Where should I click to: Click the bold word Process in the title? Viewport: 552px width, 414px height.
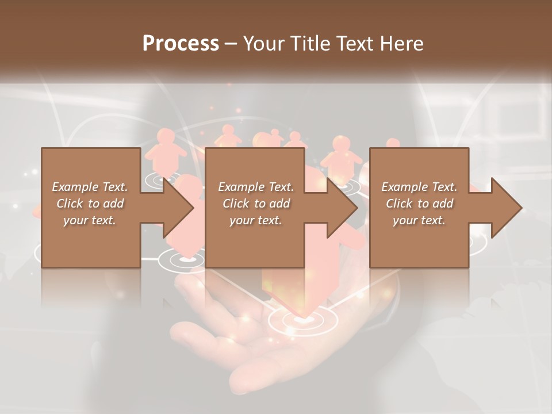[x=181, y=44]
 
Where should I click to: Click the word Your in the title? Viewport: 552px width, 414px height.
[x=264, y=44]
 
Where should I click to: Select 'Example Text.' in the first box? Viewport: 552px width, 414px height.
[x=90, y=187]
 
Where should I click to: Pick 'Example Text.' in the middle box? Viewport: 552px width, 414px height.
[x=256, y=187]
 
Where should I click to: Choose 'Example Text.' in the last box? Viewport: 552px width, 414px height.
[x=419, y=187]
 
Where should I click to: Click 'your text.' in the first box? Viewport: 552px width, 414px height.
[x=90, y=220]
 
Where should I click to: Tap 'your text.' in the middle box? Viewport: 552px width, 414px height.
[x=256, y=220]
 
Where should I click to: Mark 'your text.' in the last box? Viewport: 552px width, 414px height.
[x=419, y=220]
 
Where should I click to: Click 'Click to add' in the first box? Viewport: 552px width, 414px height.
[x=90, y=204]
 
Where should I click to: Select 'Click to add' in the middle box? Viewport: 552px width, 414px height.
[x=256, y=204]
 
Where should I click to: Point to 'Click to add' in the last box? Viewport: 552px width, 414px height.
[x=419, y=204]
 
